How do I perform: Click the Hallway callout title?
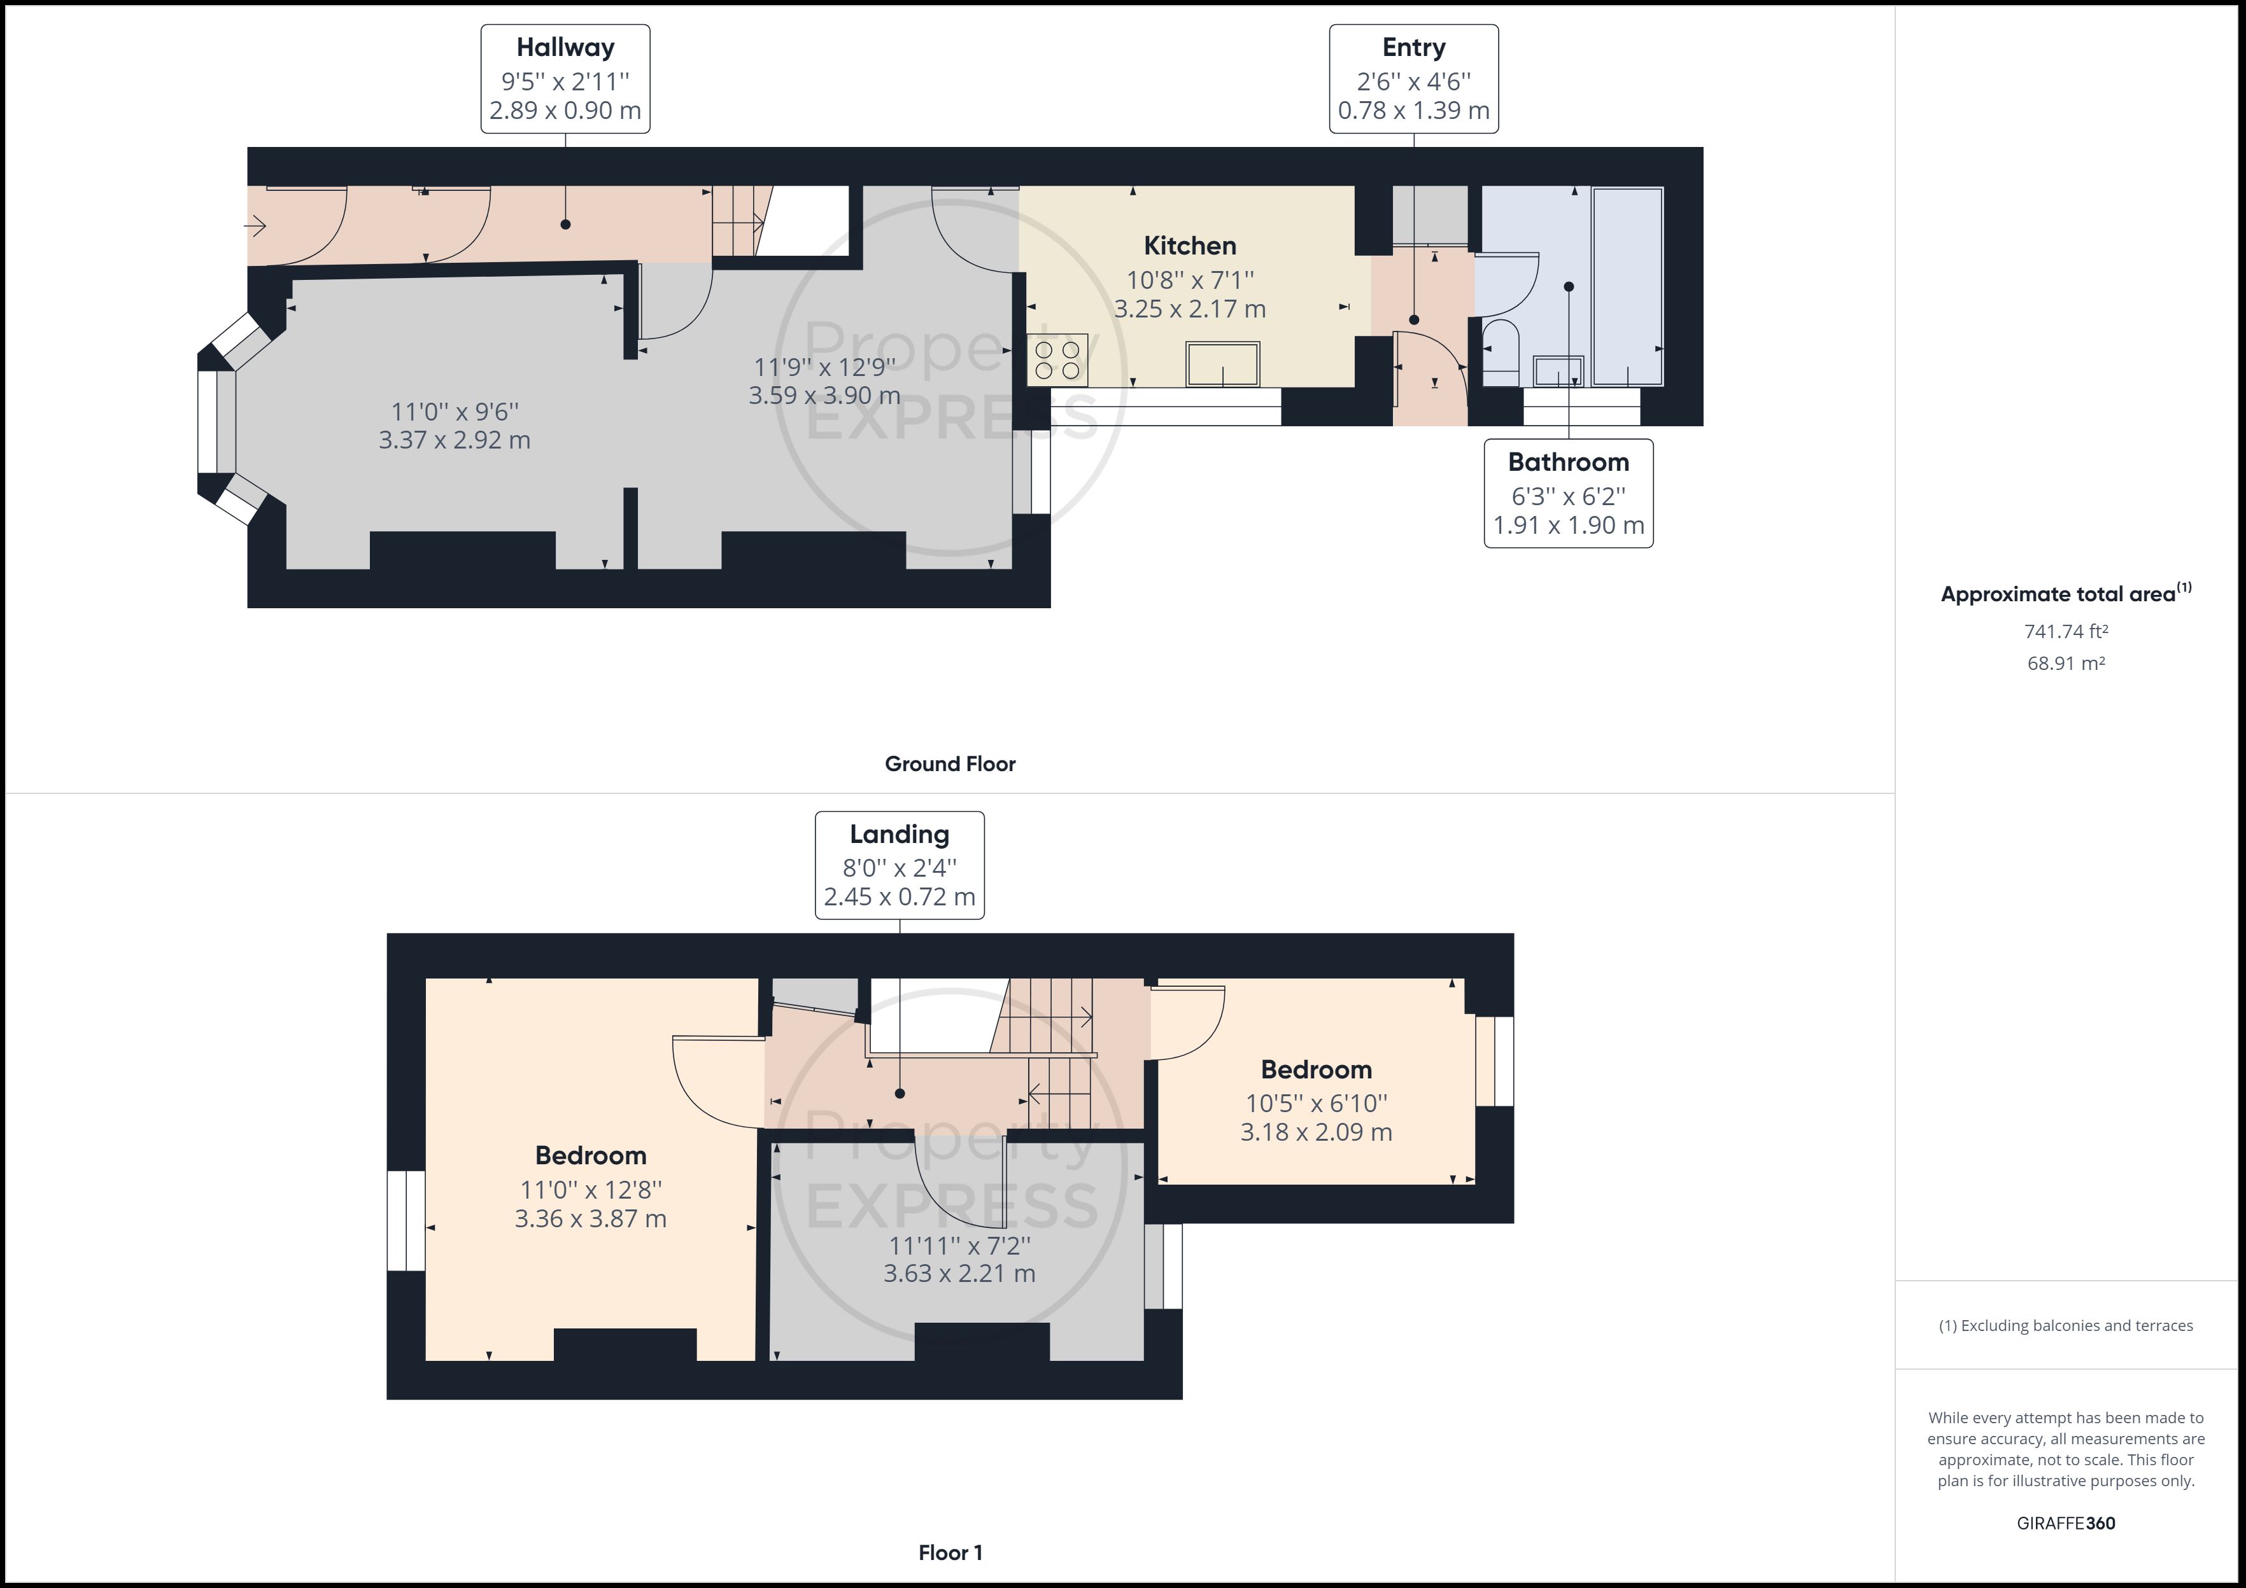(565, 48)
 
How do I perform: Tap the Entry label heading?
(1413, 48)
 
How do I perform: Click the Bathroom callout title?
(1568, 461)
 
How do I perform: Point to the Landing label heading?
(899, 834)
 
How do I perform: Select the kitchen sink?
(1223, 364)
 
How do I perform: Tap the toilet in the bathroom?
(1501, 352)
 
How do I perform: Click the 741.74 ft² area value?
(2066, 632)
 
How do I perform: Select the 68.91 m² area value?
(2066, 663)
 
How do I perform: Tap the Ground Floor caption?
(950, 763)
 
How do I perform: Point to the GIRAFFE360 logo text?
(2066, 1522)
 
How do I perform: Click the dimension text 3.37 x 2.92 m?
(455, 440)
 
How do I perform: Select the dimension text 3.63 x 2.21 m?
(959, 1273)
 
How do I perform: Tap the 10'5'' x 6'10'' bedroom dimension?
(1316, 1103)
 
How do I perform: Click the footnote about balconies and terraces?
(2066, 1326)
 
